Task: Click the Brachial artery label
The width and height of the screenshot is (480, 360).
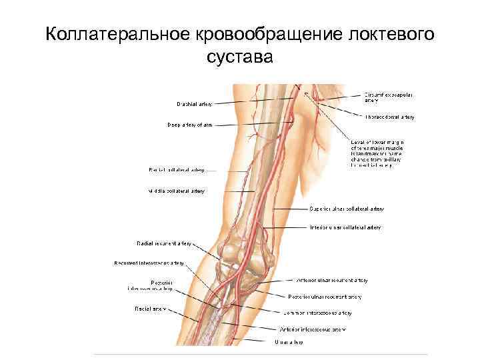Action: tap(195, 104)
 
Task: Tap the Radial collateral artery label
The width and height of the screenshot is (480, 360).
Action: tap(176, 170)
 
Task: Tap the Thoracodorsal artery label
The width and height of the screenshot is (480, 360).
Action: tap(389, 117)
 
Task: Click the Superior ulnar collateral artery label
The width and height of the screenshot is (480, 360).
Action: tap(346, 209)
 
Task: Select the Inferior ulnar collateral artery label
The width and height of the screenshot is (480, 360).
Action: tap(345, 227)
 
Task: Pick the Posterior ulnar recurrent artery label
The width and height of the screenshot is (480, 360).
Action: tap(325, 297)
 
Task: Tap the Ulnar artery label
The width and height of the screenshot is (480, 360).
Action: tap(289, 343)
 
